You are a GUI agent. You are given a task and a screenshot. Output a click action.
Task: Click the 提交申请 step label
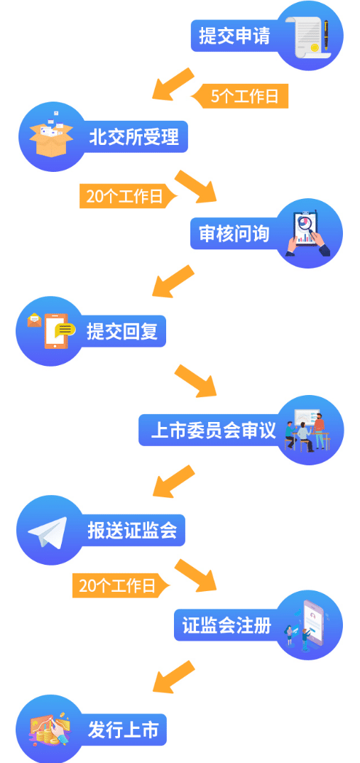(234, 36)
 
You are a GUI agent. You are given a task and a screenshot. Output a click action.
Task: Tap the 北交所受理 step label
(133, 136)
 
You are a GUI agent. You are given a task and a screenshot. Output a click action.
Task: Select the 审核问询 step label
(234, 234)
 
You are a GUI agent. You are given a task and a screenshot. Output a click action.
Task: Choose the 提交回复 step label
(122, 331)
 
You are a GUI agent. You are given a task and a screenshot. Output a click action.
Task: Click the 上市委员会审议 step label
(213, 430)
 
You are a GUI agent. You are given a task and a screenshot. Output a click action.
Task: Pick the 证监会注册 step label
(227, 625)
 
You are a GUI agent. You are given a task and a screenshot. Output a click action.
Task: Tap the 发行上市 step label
(123, 730)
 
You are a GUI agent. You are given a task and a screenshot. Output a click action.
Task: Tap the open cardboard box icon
(51, 135)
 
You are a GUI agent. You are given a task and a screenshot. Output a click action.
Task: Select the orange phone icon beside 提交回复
(55, 331)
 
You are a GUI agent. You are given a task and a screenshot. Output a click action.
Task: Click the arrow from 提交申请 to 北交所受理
(173, 84)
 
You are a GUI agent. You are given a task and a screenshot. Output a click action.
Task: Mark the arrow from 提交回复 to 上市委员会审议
(195, 381)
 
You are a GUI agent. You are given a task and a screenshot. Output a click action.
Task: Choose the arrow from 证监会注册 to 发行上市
(174, 677)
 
